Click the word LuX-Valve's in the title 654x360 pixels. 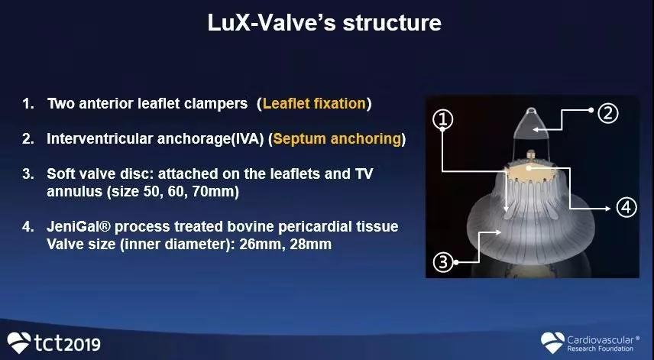[x=271, y=22]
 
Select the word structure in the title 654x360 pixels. [x=392, y=22]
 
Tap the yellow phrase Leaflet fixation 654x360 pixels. [x=314, y=103]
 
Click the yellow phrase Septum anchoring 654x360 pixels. [x=337, y=138]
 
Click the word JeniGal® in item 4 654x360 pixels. [x=79, y=226]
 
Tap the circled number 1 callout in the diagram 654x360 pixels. [x=443, y=119]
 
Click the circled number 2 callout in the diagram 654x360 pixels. [x=608, y=113]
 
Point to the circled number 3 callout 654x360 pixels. [x=443, y=262]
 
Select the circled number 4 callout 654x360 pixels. [x=626, y=207]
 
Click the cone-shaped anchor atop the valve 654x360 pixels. [x=530, y=124]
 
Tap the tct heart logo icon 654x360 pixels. [x=19, y=342]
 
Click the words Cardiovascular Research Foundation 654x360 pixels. [x=601, y=344]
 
